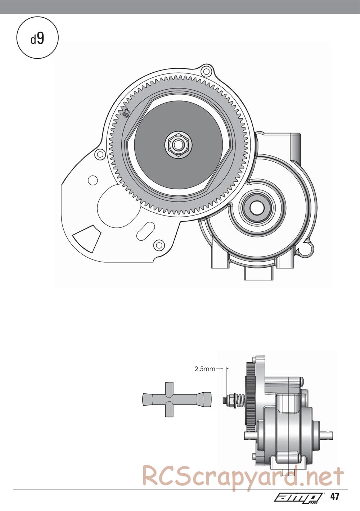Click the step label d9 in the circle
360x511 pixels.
(x=37, y=39)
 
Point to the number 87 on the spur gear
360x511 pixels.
(x=126, y=113)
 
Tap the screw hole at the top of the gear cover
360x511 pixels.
(x=206, y=71)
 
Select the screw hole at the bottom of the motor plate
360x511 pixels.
(x=159, y=245)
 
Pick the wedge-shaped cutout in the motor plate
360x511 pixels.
(x=86, y=239)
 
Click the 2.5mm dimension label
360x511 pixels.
(x=205, y=369)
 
